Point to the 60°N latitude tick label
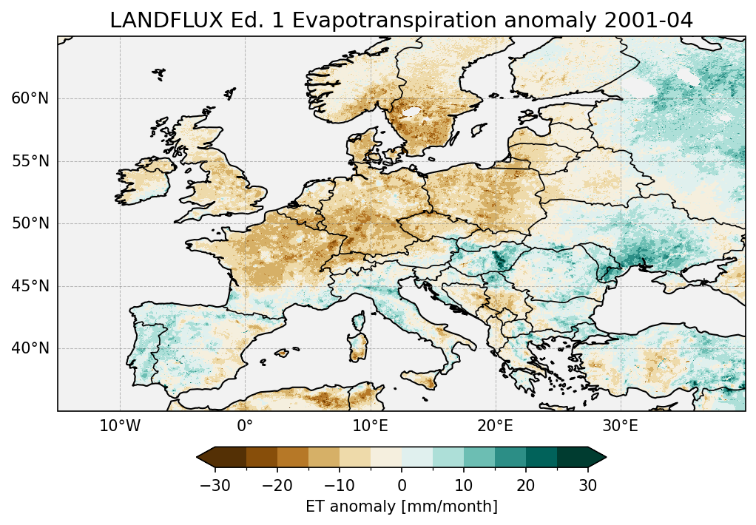click(30, 98)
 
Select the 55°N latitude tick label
click(30, 161)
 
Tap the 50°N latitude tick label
click(30, 223)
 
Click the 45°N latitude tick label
click(30, 286)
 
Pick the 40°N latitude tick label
click(30, 348)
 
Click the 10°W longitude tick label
click(120, 427)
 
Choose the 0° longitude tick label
click(245, 427)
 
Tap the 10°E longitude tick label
click(370, 427)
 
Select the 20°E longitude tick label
click(495, 427)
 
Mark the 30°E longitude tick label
click(620, 427)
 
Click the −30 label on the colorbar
click(215, 485)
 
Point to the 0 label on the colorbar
click(402, 485)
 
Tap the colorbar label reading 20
click(526, 485)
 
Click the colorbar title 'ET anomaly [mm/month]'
click(402, 507)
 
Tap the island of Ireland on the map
click(145, 181)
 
